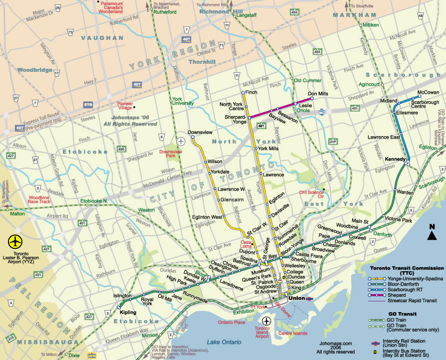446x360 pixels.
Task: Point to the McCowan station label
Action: pyautogui.click(x=428, y=93)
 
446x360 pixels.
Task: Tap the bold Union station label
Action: pyautogui.click(x=296, y=299)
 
